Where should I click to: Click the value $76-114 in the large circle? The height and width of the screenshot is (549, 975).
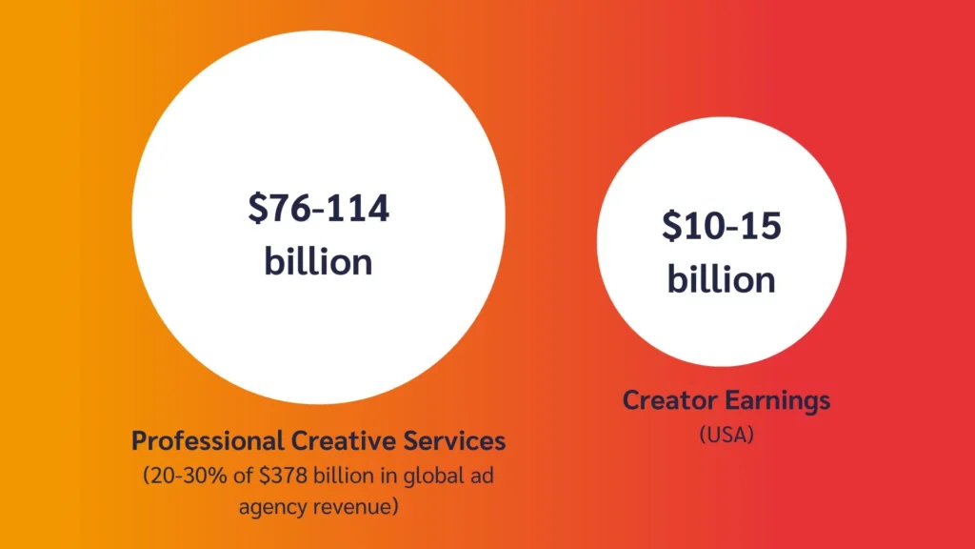pos(318,208)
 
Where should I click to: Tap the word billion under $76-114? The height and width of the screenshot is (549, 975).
pos(318,260)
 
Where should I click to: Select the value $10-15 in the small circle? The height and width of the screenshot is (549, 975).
pos(721,227)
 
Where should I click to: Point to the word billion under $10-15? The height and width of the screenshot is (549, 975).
pos(721,279)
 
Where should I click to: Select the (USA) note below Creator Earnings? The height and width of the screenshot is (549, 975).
pos(726,434)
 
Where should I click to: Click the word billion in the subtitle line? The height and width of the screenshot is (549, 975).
pos(348,477)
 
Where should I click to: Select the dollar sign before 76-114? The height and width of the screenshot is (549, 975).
pos(257,208)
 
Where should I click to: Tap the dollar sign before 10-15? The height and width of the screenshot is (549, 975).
pos(672,227)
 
